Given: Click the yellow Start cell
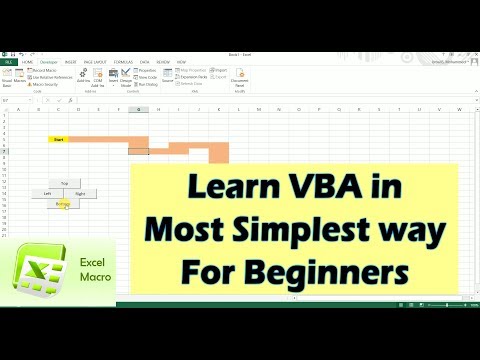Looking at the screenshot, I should point(58,139).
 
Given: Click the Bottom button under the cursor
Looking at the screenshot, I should point(64,203).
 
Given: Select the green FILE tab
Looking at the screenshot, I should point(8,62).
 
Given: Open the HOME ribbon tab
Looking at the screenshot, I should point(27,62).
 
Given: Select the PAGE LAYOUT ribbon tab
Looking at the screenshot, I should point(95,62).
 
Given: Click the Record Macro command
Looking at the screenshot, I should point(45,70).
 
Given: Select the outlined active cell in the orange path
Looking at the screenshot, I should point(138,149).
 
